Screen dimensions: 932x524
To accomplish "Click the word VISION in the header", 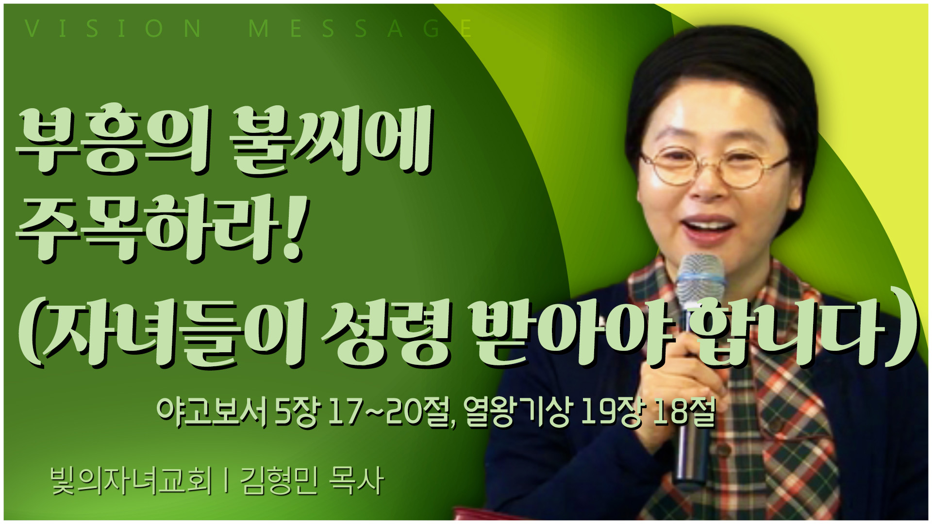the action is coord(113,29).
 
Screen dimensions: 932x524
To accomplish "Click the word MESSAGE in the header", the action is coord(360,29).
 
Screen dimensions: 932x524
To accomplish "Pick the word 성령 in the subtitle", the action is coord(386,332).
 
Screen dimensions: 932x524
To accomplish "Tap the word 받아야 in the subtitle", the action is coord(575,332).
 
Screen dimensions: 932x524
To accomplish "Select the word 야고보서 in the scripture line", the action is coord(212,413).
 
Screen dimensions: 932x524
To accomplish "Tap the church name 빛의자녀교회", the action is coord(132,481).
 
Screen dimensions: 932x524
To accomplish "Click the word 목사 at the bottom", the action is coord(356,481).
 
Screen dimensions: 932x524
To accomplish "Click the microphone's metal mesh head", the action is coord(700,279).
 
